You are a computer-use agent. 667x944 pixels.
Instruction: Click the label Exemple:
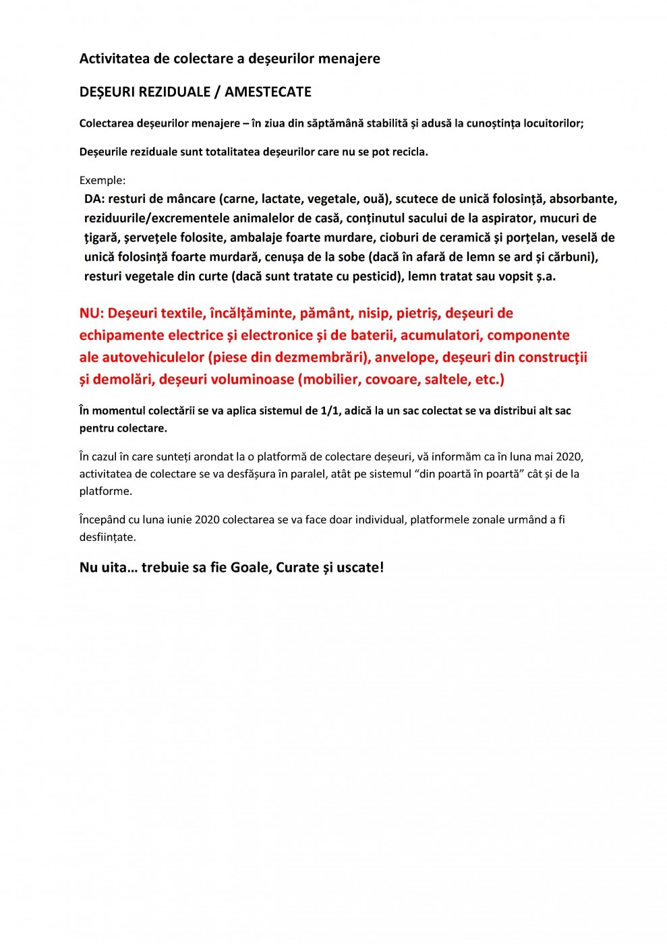coord(103,180)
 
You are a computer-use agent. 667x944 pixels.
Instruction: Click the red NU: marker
coord(92,313)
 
